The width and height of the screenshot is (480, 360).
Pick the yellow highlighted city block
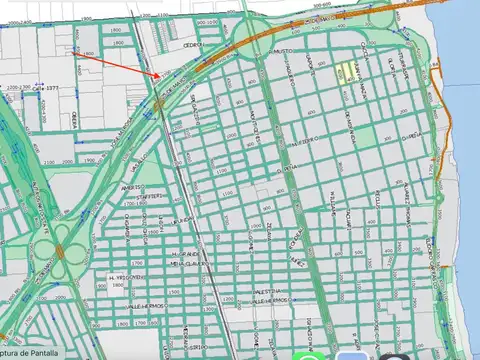347,71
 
